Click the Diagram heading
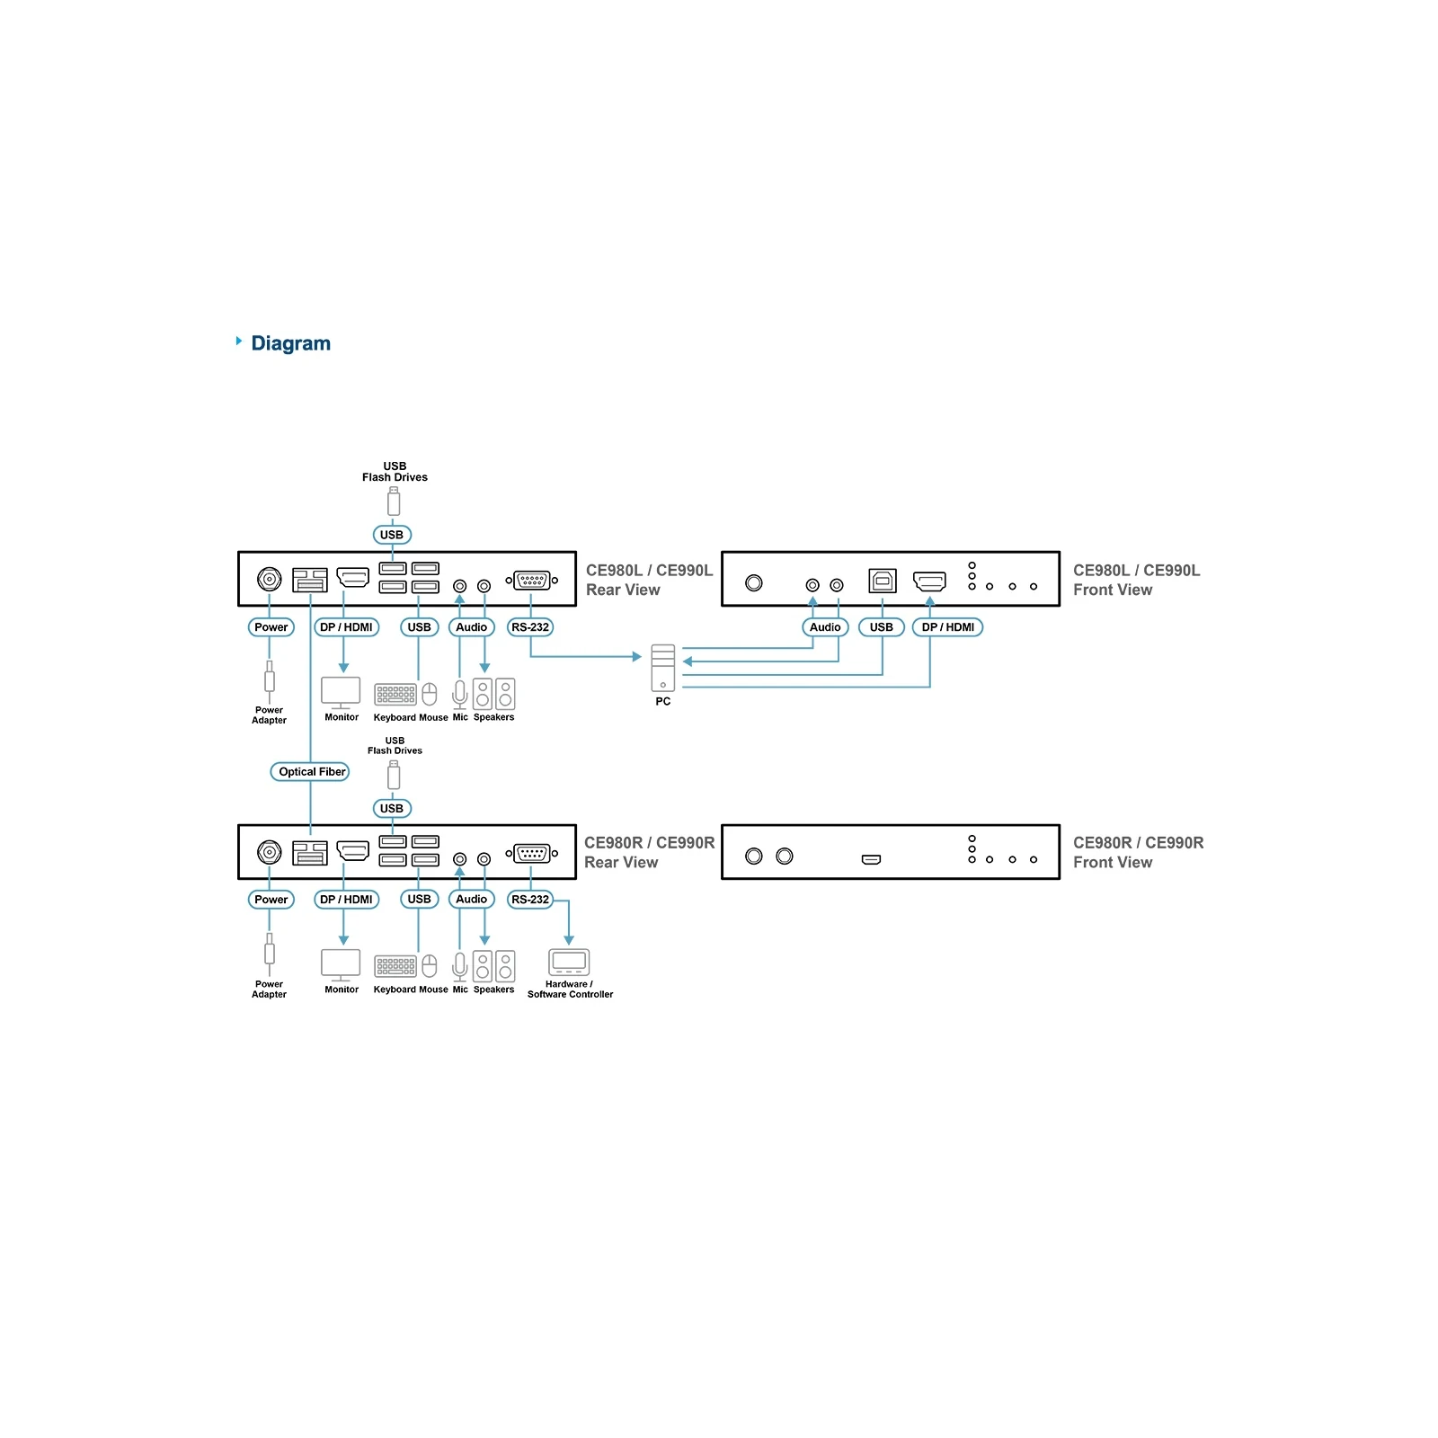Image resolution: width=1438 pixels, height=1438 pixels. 290,343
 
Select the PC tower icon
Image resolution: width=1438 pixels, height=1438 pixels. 663,668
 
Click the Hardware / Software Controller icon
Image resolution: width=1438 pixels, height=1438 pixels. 569,962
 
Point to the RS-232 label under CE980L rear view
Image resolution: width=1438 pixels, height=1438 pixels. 530,627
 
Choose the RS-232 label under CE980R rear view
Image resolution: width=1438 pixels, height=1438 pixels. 530,899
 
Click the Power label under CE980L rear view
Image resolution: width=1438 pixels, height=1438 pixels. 271,627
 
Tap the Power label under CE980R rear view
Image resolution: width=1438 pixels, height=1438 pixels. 271,899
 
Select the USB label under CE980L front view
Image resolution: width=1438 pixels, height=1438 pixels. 882,627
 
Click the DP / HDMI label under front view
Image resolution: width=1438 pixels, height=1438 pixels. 947,627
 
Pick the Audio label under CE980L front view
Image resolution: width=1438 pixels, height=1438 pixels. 825,627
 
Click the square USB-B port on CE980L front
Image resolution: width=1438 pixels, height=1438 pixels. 883,581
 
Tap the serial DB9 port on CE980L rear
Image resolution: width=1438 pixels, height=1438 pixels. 531,581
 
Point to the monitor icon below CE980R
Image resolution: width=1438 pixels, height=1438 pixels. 341,965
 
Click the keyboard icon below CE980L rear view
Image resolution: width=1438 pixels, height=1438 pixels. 395,695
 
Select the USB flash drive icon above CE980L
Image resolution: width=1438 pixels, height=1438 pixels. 394,502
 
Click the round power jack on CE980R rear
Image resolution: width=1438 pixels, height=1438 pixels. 270,852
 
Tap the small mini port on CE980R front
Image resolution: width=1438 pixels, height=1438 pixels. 871,860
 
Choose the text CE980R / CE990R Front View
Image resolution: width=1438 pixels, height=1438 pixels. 1138,852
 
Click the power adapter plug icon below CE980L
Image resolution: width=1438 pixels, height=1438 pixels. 269,678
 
